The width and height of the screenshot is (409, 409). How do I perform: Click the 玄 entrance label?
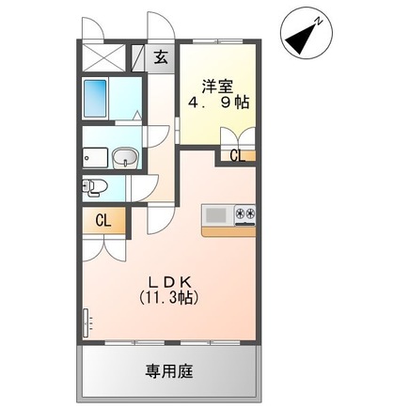coord(161,57)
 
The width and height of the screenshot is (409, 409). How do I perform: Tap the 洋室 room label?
coord(217,87)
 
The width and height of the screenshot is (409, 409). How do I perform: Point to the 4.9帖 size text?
coord(218,102)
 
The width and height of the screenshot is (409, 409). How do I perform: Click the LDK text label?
coord(169,283)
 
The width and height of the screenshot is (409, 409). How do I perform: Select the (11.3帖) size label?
coord(168,297)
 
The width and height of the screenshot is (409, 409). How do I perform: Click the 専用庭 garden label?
coord(169,371)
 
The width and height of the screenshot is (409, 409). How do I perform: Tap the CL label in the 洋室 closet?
coord(237,155)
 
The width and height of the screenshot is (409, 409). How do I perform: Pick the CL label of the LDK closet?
coord(103,221)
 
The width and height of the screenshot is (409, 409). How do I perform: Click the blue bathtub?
coord(96,98)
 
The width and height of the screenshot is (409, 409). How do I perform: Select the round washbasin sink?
coord(125,158)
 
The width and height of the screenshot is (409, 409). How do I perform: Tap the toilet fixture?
coord(95,188)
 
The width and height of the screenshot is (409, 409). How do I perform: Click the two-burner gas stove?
coord(245,215)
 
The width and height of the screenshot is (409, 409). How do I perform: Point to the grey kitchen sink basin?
coord(215,215)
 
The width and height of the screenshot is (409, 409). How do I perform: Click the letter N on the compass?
coord(319,22)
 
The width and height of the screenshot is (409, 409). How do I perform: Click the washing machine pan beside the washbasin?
coord(96,158)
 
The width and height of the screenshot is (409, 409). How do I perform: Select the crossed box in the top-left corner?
coord(104,58)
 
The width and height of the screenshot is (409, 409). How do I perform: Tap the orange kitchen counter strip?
coord(229,231)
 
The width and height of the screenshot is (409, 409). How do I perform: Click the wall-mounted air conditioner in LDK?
coord(87,323)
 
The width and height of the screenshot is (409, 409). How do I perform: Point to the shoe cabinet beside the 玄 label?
coord(137,58)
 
